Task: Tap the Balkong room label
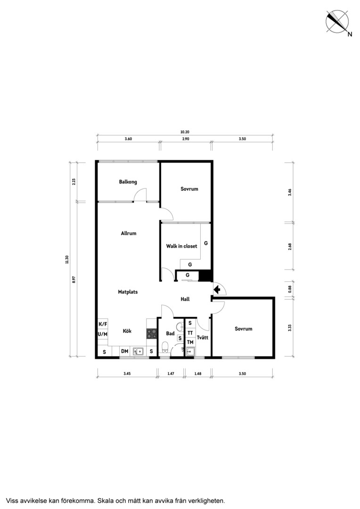(x=128, y=182)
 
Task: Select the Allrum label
(x=129, y=233)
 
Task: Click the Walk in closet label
(x=181, y=246)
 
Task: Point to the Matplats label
(x=128, y=292)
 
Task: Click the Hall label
(x=185, y=299)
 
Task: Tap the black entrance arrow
(x=217, y=289)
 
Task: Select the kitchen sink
(x=139, y=351)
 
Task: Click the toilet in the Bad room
(x=165, y=347)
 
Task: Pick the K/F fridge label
(x=103, y=324)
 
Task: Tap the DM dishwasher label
(x=125, y=351)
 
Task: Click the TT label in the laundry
(x=190, y=333)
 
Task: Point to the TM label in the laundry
(x=190, y=342)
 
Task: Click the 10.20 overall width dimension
(x=185, y=132)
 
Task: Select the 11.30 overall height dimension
(x=66, y=260)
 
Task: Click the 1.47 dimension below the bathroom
(x=171, y=373)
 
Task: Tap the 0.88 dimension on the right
(x=290, y=288)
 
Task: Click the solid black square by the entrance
(x=205, y=276)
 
